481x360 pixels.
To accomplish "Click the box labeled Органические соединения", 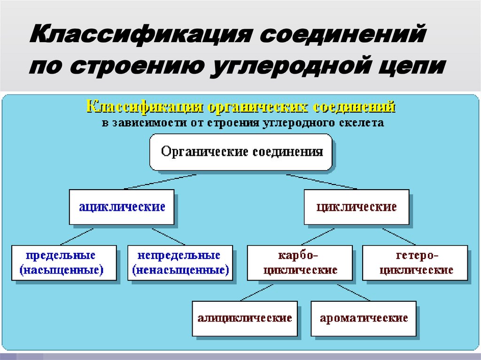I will click(241, 152).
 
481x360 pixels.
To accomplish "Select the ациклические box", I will click(122, 207).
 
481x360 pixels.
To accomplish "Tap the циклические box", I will click(357, 207).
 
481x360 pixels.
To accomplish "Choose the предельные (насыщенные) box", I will click(63, 263).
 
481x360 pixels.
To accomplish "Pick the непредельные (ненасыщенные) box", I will click(180, 263).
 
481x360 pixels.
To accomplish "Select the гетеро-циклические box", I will click(416, 263).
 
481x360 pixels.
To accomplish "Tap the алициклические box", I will click(245, 318).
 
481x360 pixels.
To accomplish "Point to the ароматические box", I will click(364, 318).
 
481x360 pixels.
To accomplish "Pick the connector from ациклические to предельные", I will click(78, 236).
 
